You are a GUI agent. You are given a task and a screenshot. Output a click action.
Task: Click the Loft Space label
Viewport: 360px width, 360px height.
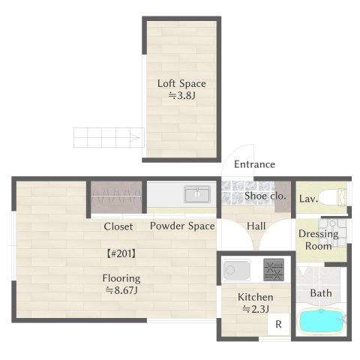click(x=181, y=83)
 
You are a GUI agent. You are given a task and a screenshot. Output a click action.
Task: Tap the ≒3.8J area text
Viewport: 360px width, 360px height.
click(x=181, y=96)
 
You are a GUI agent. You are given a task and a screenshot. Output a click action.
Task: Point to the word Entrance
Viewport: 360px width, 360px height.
click(x=254, y=164)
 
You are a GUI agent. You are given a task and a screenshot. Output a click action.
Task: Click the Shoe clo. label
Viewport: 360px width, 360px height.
click(x=265, y=196)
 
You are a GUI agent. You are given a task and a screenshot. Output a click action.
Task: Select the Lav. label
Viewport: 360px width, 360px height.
click(x=308, y=199)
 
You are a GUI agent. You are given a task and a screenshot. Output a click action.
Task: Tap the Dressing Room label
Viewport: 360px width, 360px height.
click(x=319, y=239)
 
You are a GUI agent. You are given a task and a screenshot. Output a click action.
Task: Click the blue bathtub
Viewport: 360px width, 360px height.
click(x=322, y=322)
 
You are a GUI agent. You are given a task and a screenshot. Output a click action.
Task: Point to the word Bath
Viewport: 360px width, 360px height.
click(x=321, y=293)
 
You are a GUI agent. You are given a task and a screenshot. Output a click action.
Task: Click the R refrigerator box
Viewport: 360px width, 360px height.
click(x=278, y=325)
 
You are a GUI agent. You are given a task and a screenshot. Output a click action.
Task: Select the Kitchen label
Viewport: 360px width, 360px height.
click(x=255, y=297)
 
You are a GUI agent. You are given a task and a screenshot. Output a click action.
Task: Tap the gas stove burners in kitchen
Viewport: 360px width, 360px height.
click(x=274, y=268)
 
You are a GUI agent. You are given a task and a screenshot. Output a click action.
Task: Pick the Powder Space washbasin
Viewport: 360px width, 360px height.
click(x=199, y=195)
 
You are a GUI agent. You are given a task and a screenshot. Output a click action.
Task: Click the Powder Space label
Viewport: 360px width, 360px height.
click(x=182, y=226)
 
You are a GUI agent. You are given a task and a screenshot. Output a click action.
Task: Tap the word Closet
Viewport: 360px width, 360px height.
click(x=118, y=226)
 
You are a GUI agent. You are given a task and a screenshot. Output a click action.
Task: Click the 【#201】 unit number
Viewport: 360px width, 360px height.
click(x=121, y=253)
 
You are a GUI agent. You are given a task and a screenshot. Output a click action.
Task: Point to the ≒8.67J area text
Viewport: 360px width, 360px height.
click(x=121, y=290)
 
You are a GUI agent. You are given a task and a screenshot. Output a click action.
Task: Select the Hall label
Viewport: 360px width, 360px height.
click(x=256, y=226)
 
